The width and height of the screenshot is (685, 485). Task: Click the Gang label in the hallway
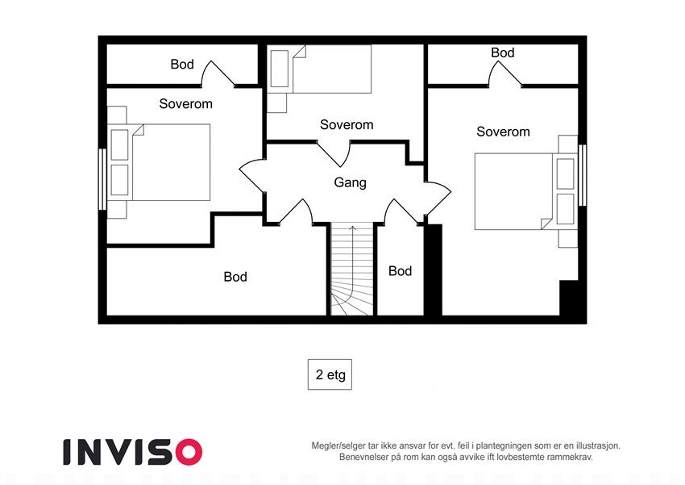point(350,182)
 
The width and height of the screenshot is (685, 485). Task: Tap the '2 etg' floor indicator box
point(330,374)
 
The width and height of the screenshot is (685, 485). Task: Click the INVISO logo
point(132,451)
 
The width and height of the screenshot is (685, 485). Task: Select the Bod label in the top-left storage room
point(182,65)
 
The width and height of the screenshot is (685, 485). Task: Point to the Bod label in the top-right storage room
point(502,53)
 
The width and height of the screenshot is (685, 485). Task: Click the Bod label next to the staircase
point(400,271)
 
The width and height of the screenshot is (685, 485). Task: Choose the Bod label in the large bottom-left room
point(235,277)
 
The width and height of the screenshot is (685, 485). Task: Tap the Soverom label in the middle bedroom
point(347,124)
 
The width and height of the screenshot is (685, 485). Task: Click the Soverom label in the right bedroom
point(503,132)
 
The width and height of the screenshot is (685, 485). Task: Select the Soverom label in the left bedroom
point(185,104)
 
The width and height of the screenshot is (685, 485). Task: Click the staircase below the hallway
point(353,270)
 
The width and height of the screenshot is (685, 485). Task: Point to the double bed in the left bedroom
point(169,162)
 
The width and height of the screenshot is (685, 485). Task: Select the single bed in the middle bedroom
point(330,69)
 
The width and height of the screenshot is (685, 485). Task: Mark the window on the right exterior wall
point(583,174)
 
